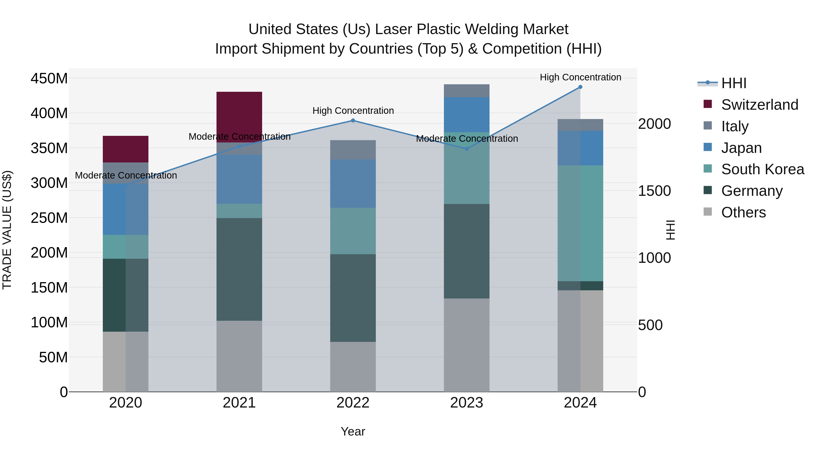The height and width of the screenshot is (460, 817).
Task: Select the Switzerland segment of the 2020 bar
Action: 126,149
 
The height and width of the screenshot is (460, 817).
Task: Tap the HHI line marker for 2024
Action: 580,87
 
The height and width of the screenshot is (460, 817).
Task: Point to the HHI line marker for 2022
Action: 353,121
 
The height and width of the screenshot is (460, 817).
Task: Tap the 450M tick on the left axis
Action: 49,78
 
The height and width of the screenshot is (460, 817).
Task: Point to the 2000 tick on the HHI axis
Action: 654,124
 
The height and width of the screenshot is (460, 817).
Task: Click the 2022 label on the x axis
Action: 353,403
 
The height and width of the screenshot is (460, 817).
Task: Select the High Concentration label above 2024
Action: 580,77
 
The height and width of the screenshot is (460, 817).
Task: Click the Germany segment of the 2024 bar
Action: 580,286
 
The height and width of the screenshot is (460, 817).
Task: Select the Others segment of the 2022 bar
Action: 353,367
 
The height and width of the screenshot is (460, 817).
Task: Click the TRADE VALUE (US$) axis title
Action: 7,230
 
